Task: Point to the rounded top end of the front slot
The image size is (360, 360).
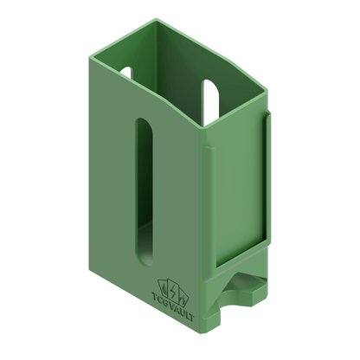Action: click(x=144, y=121)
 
